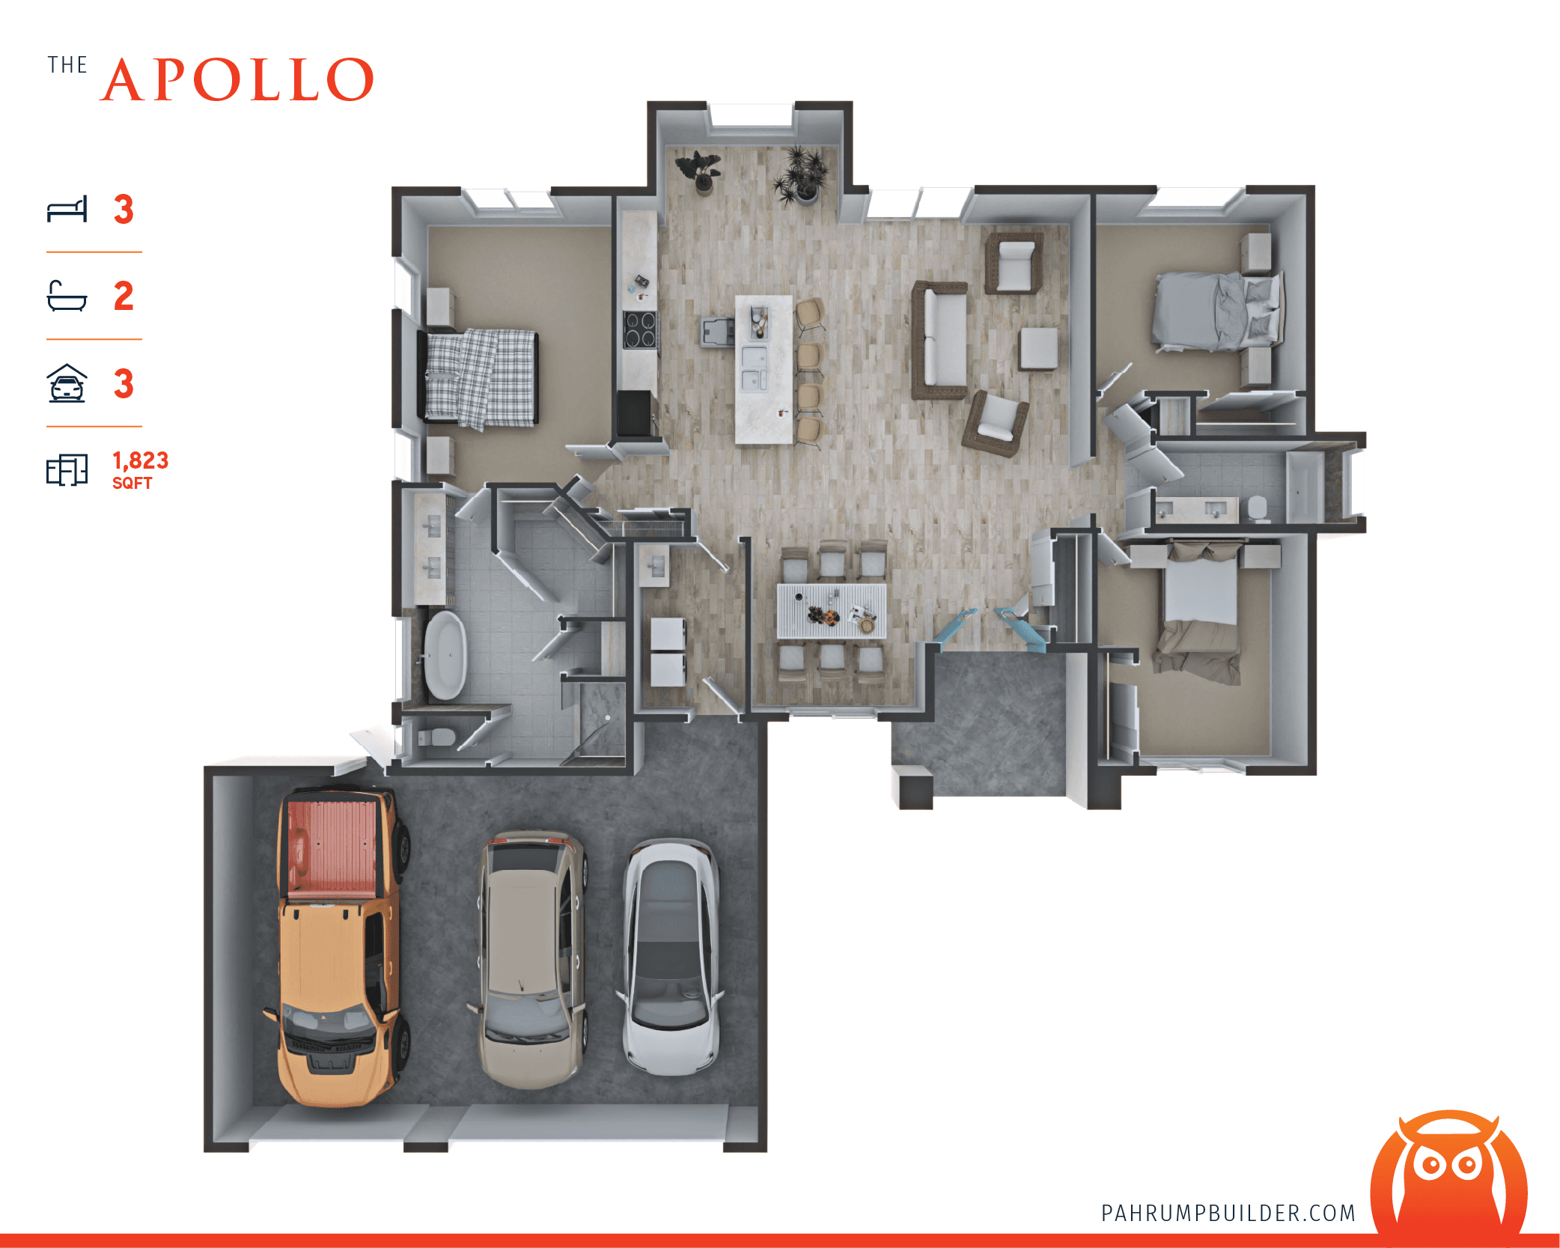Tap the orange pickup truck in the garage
coord(339,947)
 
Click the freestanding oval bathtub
coord(445,655)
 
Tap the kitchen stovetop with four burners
coord(640,330)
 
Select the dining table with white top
coord(831,609)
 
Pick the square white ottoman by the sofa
coord(1038,348)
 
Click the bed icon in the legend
coord(67,210)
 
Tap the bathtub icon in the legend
coord(67,296)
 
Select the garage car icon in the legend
coord(67,383)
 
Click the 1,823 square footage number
coord(140,460)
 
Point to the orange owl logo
coord(1448,1175)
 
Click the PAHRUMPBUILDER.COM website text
coord(1228,1213)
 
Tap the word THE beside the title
coord(67,65)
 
